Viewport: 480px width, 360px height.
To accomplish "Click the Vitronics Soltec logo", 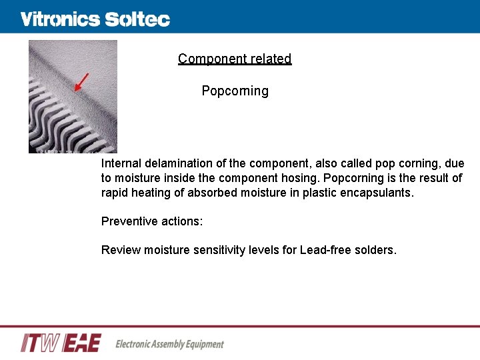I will [x=95, y=19].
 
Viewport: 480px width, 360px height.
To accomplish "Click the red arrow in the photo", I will [x=81, y=82].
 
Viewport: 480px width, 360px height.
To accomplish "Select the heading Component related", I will [x=235, y=59].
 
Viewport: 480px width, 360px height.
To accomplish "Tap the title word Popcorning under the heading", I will [x=235, y=91].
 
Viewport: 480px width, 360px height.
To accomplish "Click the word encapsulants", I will [x=379, y=193].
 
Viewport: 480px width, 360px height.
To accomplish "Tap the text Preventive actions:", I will [x=152, y=221].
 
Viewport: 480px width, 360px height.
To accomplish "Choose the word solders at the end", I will [x=377, y=250].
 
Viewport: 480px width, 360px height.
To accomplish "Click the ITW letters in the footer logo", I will [x=41, y=343].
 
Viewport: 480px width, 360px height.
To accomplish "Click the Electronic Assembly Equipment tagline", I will [x=170, y=344].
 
